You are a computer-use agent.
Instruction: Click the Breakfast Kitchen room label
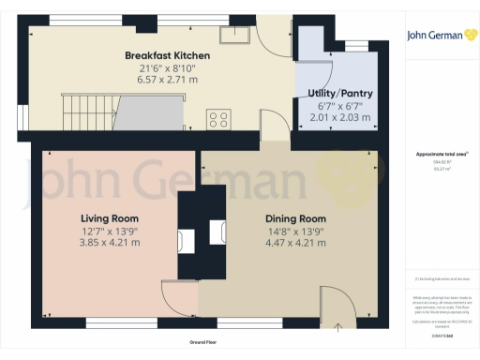click(168, 55)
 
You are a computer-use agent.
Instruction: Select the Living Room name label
click(111, 218)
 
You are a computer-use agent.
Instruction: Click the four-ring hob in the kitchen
click(220, 119)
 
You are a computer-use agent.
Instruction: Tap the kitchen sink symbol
click(232, 36)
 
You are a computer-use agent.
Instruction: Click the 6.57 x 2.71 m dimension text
click(168, 80)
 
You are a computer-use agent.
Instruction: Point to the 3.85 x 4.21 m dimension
click(111, 243)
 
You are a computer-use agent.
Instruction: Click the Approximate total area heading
click(441, 154)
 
